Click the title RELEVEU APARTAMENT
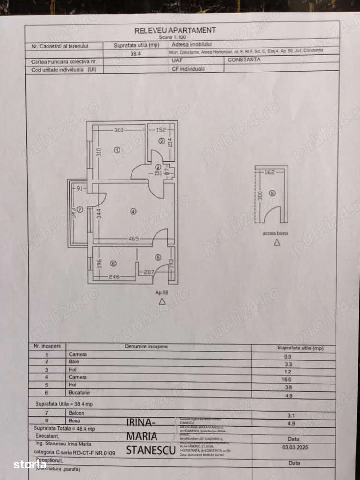pos(175,30)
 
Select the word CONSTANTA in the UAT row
pos(244,60)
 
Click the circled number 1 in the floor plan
pos(116,150)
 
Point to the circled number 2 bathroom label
pos(161,141)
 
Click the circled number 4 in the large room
pos(132,210)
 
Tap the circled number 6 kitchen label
pos(113,264)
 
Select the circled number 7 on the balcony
pos(80,210)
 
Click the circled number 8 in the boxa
pos(272,193)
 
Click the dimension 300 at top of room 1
pos(119,130)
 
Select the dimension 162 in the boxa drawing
pos(269,172)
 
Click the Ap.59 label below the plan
pos(161,291)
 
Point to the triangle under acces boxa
pos(276,243)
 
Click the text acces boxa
pos(275,233)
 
